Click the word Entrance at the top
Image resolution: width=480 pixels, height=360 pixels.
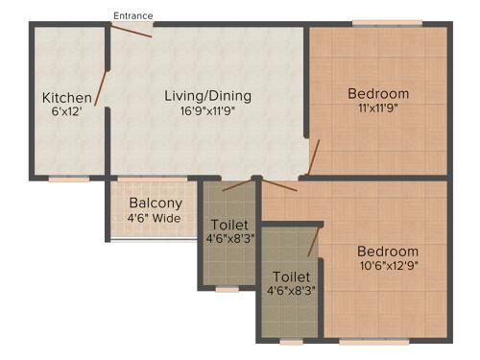[x=132, y=15]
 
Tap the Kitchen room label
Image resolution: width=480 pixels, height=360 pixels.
[x=66, y=98]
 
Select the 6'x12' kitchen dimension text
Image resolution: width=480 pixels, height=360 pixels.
[x=66, y=112]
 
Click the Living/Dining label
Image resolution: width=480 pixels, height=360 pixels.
[x=207, y=95]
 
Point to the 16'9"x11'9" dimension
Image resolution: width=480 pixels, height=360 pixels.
[x=207, y=110]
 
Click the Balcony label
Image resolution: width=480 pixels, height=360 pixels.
[x=156, y=204]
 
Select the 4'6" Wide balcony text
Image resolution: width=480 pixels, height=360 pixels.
[x=156, y=218]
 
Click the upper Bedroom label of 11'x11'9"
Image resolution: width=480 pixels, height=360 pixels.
[x=378, y=93]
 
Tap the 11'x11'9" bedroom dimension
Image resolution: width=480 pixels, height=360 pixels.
[x=378, y=108]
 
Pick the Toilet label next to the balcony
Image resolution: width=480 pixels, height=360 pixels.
[x=228, y=225]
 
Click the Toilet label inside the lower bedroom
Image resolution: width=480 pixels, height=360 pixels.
[x=289, y=276]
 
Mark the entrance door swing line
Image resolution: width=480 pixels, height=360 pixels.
[x=132, y=31]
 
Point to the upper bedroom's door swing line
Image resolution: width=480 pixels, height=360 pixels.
[x=315, y=156]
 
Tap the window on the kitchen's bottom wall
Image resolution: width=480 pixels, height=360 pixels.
[x=69, y=179]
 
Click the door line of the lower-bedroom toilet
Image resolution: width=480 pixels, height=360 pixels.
[x=313, y=241]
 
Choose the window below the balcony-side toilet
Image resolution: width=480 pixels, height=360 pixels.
[x=228, y=288]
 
